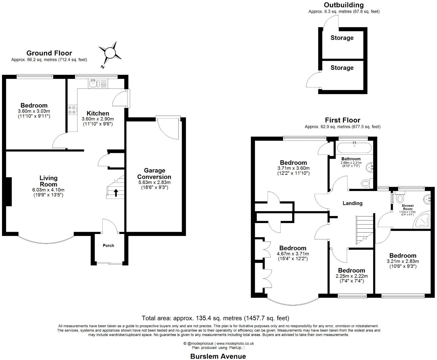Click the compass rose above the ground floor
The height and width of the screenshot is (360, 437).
110,54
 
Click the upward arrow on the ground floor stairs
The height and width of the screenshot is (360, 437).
116,193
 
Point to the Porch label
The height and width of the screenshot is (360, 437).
108,246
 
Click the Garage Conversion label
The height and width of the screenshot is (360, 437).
154,174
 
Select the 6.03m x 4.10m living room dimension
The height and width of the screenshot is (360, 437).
48,190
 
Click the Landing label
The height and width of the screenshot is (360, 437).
352,203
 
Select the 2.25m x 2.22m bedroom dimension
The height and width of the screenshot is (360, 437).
352,276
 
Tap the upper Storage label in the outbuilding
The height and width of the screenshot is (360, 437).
342,38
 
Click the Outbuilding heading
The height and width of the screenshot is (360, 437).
344,5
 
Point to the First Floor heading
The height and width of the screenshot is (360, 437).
342,120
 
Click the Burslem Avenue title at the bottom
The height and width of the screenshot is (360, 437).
218,356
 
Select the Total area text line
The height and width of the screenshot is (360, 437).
215,318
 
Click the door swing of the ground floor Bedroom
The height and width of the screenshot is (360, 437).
58,141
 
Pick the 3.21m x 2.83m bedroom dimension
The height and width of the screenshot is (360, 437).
403,261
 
